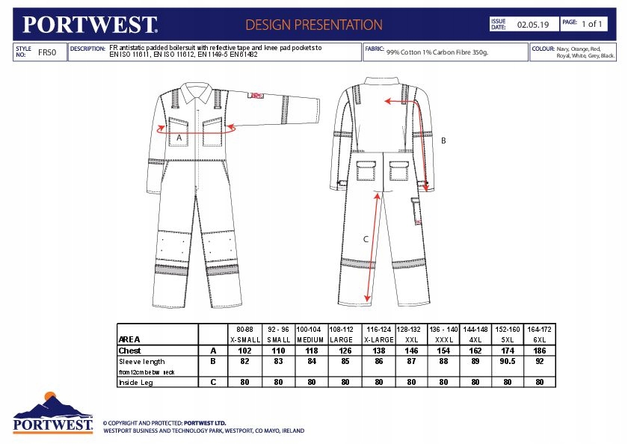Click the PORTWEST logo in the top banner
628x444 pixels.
coord(90,24)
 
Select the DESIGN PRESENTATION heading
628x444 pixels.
coord(314,25)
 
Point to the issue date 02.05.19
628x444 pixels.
coord(533,25)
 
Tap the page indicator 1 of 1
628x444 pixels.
coord(592,24)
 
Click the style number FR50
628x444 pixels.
coord(46,53)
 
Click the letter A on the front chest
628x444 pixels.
coord(179,138)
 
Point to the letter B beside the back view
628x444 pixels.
coord(443,141)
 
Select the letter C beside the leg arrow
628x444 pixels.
coord(366,239)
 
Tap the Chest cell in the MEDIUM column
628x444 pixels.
coord(310,350)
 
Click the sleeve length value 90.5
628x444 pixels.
coord(508,361)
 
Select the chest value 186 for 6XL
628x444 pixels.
coord(540,350)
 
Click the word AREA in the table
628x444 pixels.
coord(130,339)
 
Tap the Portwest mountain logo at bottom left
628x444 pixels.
coord(53,412)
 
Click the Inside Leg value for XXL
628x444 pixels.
coord(411,382)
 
